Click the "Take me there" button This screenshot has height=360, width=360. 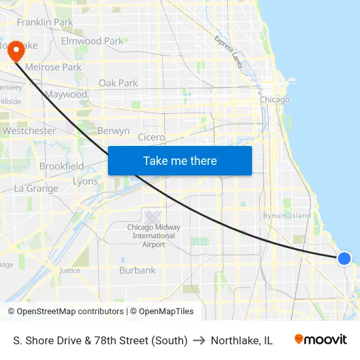click(180, 160)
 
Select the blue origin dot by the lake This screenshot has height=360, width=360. click(344, 259)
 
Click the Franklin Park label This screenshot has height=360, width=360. click(45, 22)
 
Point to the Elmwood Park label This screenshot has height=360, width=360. click(92, 41)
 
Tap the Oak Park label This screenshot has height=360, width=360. click(118, 83)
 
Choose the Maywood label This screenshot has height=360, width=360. click(65, 94)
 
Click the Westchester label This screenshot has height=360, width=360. click(29, 131)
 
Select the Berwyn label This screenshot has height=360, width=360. click(113, 131)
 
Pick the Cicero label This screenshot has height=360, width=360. click(151, 137)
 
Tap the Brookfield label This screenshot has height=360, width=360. click(62, 166)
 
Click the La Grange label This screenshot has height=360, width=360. click(36, 189)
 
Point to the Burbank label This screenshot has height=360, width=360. click(137, 270)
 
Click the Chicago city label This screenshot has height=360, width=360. click(274, 99)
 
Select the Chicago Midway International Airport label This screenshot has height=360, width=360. click(154, 236)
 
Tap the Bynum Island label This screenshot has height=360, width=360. click(287, 215)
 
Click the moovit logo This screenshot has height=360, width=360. click(321, 340)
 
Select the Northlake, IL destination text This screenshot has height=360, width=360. click(242, 340)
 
